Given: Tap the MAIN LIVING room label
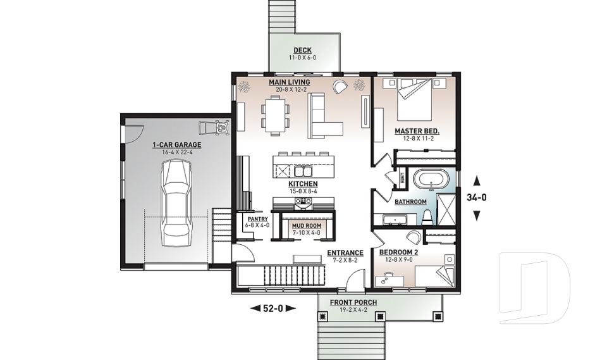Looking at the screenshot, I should click(x=289, y=82).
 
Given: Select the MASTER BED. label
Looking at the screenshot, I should click(x=417, y=132).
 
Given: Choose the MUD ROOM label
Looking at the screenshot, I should click(x=305, y=225).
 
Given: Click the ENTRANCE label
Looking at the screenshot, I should click(x=345, y=253).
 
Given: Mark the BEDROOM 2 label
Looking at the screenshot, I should click(x=398, y=252).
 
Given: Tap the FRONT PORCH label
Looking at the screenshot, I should click(x=353, y=302).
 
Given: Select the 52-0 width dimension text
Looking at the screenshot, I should click(x=274, y=308).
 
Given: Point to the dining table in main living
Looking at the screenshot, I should click(x=276, y=115).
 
